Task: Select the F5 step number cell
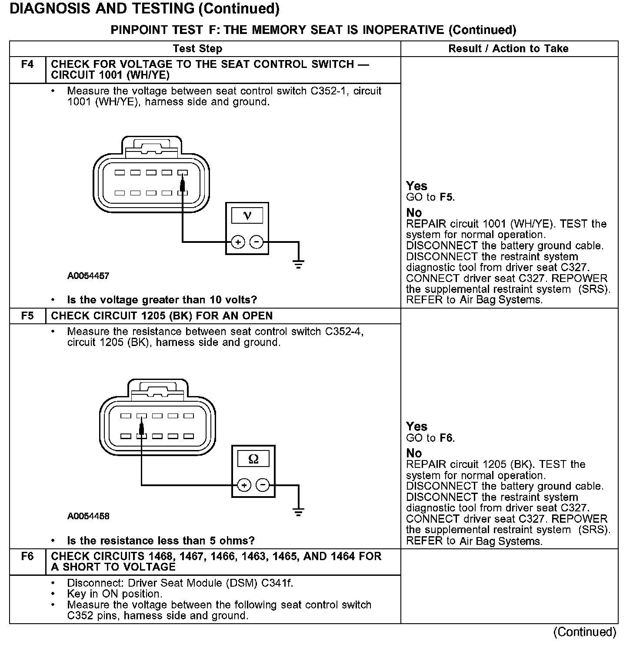[27, 316]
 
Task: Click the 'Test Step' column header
[197, 49]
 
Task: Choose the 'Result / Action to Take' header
[508, 49]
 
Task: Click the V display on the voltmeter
[247, 215]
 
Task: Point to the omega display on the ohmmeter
[253, 459]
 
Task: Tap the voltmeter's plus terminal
[237, 242]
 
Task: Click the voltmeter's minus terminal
[257, 242]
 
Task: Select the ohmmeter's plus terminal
[244, 485]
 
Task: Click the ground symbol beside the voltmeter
[298, 264]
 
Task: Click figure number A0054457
[88, 276]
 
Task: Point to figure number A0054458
[88, 517]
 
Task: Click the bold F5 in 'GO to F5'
[446, 197]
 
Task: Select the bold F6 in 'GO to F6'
[446, 438]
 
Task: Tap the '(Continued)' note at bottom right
[585, 632]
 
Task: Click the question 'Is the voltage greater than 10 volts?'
[162, 300]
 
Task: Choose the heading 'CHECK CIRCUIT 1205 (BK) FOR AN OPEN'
[162, 316]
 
